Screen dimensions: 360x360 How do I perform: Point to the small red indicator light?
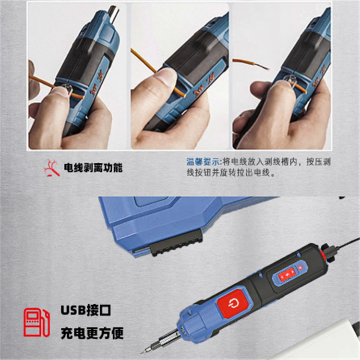pos(300,267)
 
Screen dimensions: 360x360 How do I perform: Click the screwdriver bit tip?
pos(142,351)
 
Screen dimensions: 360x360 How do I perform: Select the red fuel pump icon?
pos(36,323)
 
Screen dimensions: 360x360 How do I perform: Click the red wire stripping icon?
pos(52,168)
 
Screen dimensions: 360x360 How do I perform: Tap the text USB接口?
pos(85,310)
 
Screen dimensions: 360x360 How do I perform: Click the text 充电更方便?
pos(92,333)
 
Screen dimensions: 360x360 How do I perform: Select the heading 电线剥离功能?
pos(93,168)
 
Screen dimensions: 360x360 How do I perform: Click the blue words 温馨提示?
pos(203,162)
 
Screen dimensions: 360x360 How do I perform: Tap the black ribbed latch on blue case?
pos(176,245)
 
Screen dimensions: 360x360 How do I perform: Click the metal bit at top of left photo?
pos(113,14)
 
